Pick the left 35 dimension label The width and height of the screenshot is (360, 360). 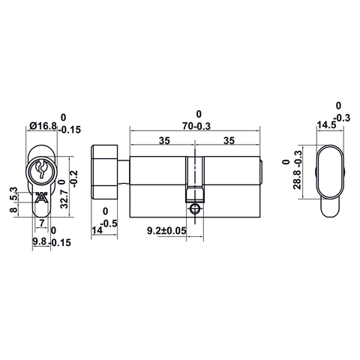[x=164, y=139]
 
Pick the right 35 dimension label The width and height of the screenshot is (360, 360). [x=229, y=139]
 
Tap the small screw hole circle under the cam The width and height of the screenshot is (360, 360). [x=196, y=209]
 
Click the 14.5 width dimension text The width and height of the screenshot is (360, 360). [x=325, y=125]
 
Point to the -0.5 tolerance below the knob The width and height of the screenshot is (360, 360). [x=109, y=223]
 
